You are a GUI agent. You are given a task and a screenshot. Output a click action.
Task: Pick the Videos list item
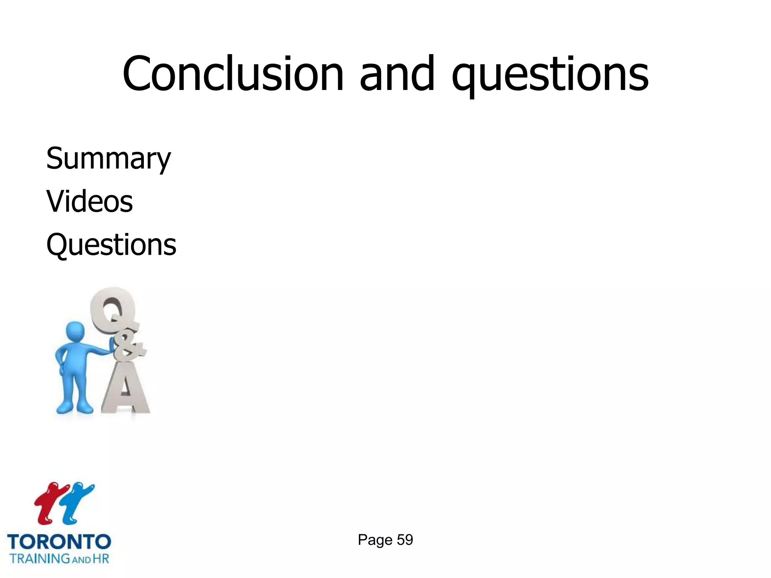(90, 201)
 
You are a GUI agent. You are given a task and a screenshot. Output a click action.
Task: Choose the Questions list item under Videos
(111, 245)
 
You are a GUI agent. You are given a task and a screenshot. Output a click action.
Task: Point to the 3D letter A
(125, 391)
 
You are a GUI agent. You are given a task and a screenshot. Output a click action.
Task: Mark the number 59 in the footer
(405, 540)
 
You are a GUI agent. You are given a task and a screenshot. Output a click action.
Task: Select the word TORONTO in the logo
(59, 542)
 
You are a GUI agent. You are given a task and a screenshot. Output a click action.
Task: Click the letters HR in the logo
(101, 558)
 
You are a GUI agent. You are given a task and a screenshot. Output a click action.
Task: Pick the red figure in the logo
(48, 502)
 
